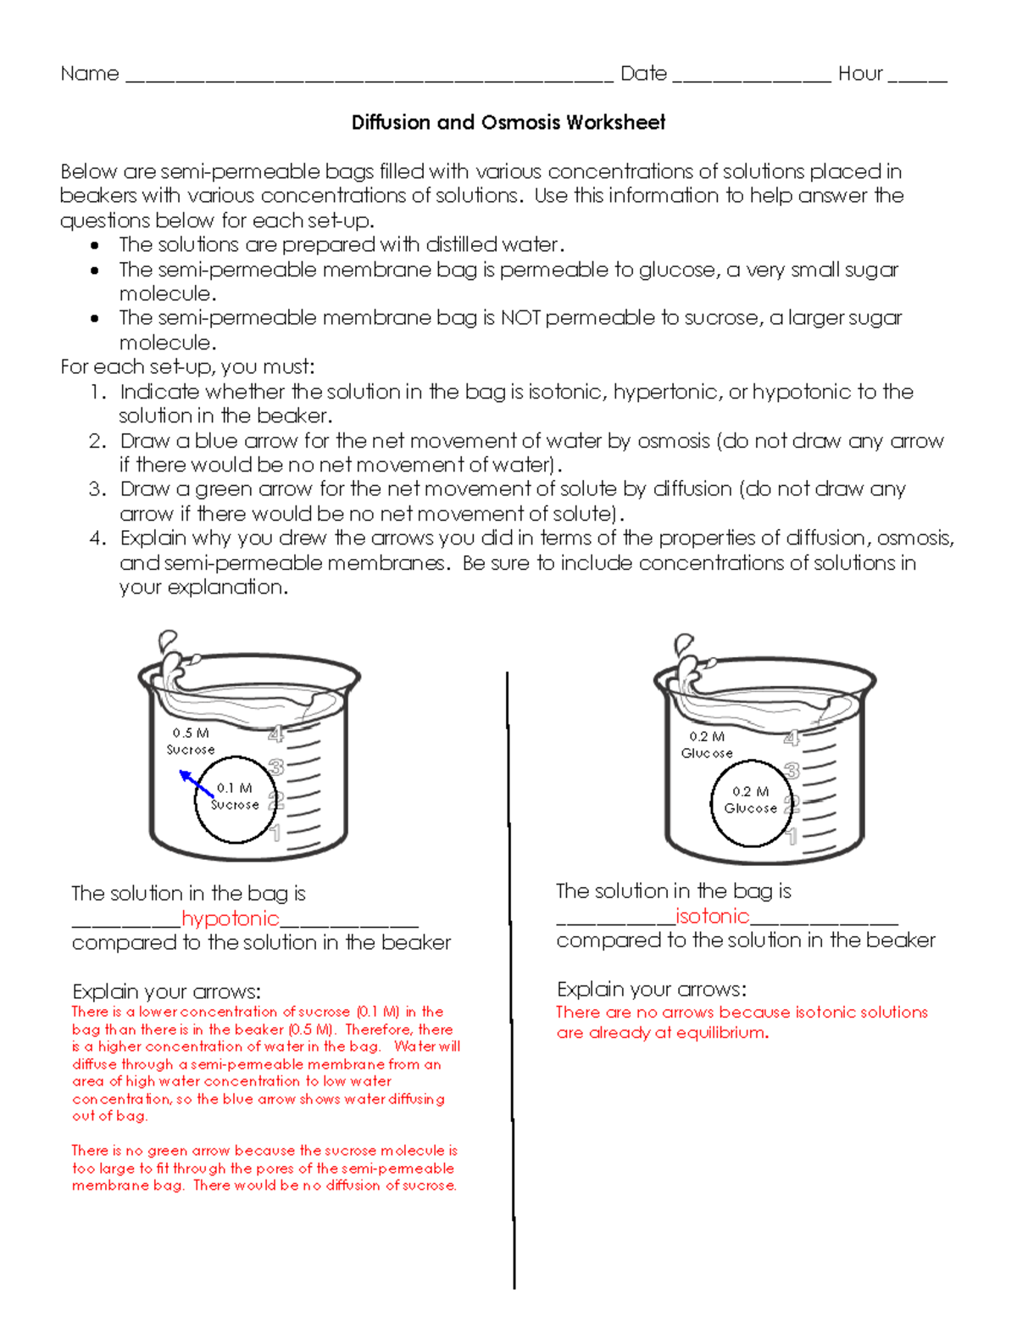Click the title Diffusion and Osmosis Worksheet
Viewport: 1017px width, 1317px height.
[508, 123]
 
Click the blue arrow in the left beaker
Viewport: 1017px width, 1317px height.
[196, 783]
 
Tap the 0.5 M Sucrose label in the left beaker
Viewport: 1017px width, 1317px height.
[191, 741]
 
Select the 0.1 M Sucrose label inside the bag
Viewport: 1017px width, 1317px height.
[235, 796]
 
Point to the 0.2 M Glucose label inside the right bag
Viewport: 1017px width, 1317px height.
[750, 800]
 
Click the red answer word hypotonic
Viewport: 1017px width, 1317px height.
[230, 918]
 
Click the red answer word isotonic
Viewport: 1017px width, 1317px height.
[712, 917]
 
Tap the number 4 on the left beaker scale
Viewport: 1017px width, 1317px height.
[275, 734]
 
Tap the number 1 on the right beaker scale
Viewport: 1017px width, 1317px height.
[792, 838]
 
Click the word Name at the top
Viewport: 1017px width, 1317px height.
[90, 74]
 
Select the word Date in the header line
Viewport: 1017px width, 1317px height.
[643, 74]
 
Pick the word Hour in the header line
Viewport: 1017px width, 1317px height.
[860, 74]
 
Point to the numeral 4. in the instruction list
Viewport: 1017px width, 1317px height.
[98, 539]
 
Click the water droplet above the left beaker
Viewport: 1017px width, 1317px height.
[168, 639]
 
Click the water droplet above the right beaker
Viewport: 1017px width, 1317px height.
[683, 643]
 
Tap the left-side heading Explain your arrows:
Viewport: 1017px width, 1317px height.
[166, 991]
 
